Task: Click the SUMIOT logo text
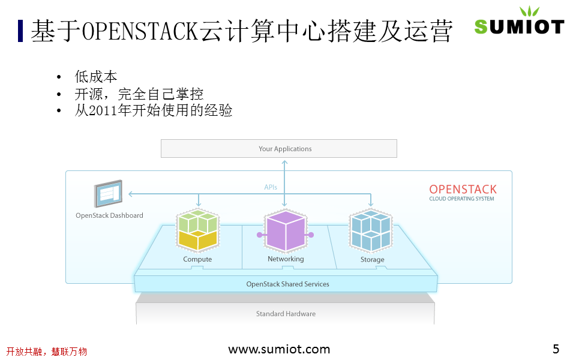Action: pyautogui.click(x=519, y=26)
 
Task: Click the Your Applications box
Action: pyautogui.click(x=279, y=149)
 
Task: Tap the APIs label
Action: pyautogui.click(x=271, y=187)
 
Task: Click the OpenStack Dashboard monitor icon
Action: pyautogui.click(x=108, y=194)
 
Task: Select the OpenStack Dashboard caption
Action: pyautogui.click(x=109, y=215)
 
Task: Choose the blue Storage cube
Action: pyautogui.click(x=371, y=231)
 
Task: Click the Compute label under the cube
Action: pyautogui.click(x=197, y=260)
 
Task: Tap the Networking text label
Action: pyautogui.click(x=286, y=259)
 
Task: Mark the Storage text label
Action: pyautogui.click(x=372, y=260)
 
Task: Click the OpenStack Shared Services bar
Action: pyautogui.click(x=287, y=284)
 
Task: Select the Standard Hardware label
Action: pyautogui.click(x=286, y=314)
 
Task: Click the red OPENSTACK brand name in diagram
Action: pyautogui.click(x=463, y=190)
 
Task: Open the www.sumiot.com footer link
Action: pyautogui.click(x=279, y=349)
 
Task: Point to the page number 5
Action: pyautogui.click(x=556, y=349)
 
